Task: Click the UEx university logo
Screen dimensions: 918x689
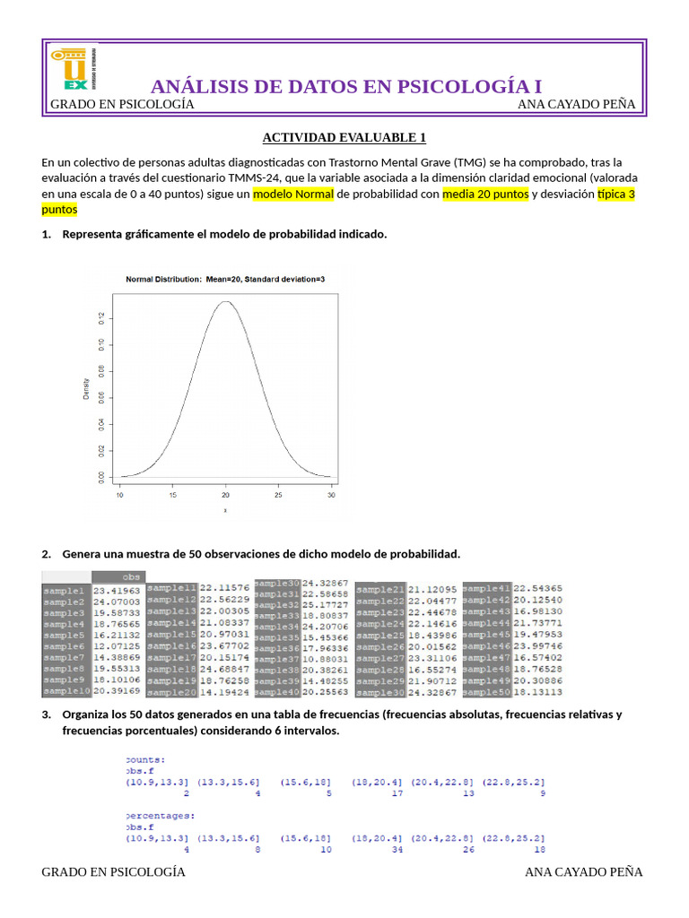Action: (x=74, y=69)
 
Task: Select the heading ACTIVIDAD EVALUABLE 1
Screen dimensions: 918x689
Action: (x=344, y=137)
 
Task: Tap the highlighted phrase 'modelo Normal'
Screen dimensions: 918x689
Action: (x=293, y=194)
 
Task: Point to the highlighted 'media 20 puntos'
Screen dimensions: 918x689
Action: (x=485, y=194)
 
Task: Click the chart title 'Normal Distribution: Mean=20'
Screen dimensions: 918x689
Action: (x=225, y=280)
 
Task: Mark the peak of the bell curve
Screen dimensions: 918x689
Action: (x=226, y=302)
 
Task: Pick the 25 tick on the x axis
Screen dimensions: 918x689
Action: (x=279, y=494)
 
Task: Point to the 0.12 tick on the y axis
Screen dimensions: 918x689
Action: (x=101, y=317)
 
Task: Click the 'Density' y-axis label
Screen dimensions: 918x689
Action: (x=87, y=388)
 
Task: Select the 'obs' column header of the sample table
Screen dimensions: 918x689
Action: (x=132, y=576)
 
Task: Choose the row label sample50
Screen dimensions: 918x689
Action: (x=486, y=691)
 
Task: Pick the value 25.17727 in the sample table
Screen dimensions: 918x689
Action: (x=326, y=604)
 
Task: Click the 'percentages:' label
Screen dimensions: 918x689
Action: (x=161, y=816)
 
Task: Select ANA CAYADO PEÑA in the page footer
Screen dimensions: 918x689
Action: (x=583, y=871)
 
